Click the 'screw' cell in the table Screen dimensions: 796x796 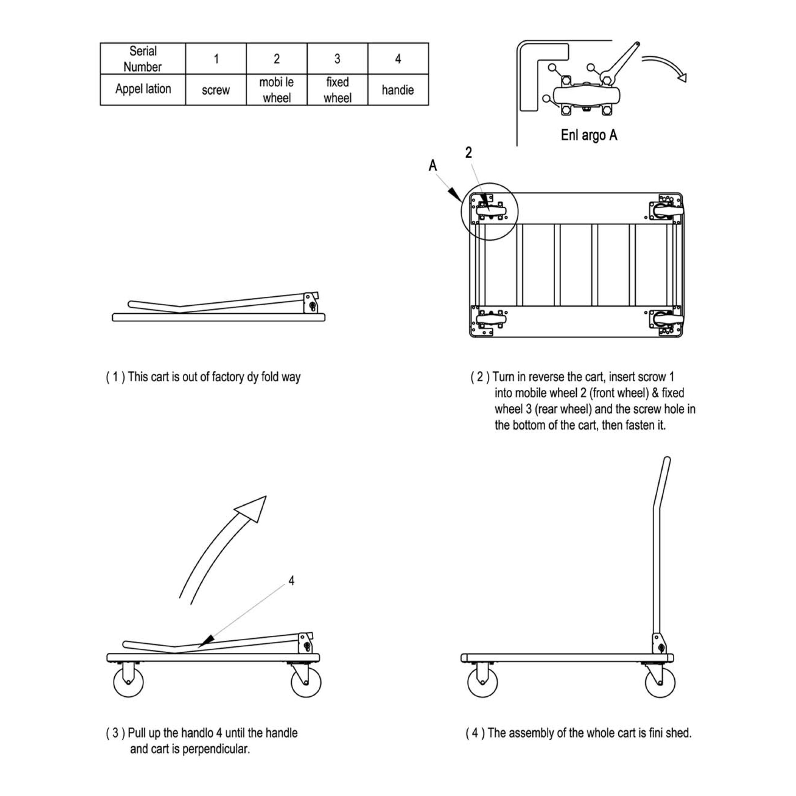[216, 90]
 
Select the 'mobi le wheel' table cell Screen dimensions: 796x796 [276, 90]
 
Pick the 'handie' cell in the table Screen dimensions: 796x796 [398, 90]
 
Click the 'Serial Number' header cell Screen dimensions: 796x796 [143, 59]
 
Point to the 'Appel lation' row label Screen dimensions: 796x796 [143, 89]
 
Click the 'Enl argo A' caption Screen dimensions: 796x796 [589, 135]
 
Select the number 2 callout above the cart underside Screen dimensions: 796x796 [468, 153]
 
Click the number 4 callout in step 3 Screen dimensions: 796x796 [291, 581]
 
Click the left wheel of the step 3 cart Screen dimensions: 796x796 [129, 682]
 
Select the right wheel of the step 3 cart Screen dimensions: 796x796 [306, 682]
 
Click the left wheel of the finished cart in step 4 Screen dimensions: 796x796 [482, 682]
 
